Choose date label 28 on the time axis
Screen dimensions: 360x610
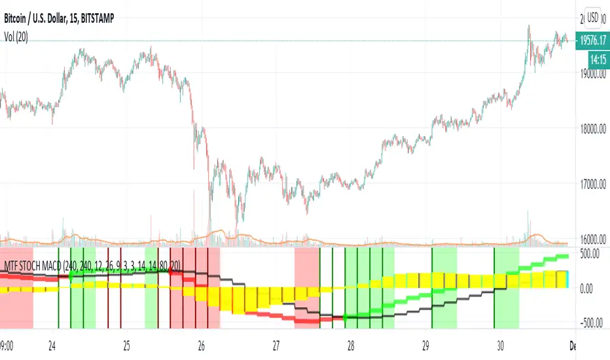351,345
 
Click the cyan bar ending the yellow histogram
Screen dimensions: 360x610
567,279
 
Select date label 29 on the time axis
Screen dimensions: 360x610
425,345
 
